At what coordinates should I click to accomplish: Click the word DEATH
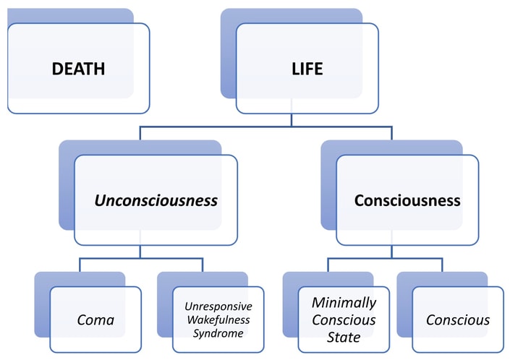[78, 69]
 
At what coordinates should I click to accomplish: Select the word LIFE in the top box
[307, 69]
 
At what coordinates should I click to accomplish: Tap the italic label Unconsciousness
[156, 200]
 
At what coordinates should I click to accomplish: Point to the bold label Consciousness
[407, 200]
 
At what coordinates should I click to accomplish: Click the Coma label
[95, 320]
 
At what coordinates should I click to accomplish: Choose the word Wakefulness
[218, 319]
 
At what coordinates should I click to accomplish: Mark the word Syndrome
[218, 333]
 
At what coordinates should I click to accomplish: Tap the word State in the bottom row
[343, 335]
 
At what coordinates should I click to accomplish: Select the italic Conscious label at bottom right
[458, 320]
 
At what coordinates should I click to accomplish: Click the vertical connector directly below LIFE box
[292, 120]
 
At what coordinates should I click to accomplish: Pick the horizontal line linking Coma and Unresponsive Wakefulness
[140, 258]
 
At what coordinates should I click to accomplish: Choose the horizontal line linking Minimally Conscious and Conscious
[391, 258]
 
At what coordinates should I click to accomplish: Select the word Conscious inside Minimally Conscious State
[343, 319]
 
